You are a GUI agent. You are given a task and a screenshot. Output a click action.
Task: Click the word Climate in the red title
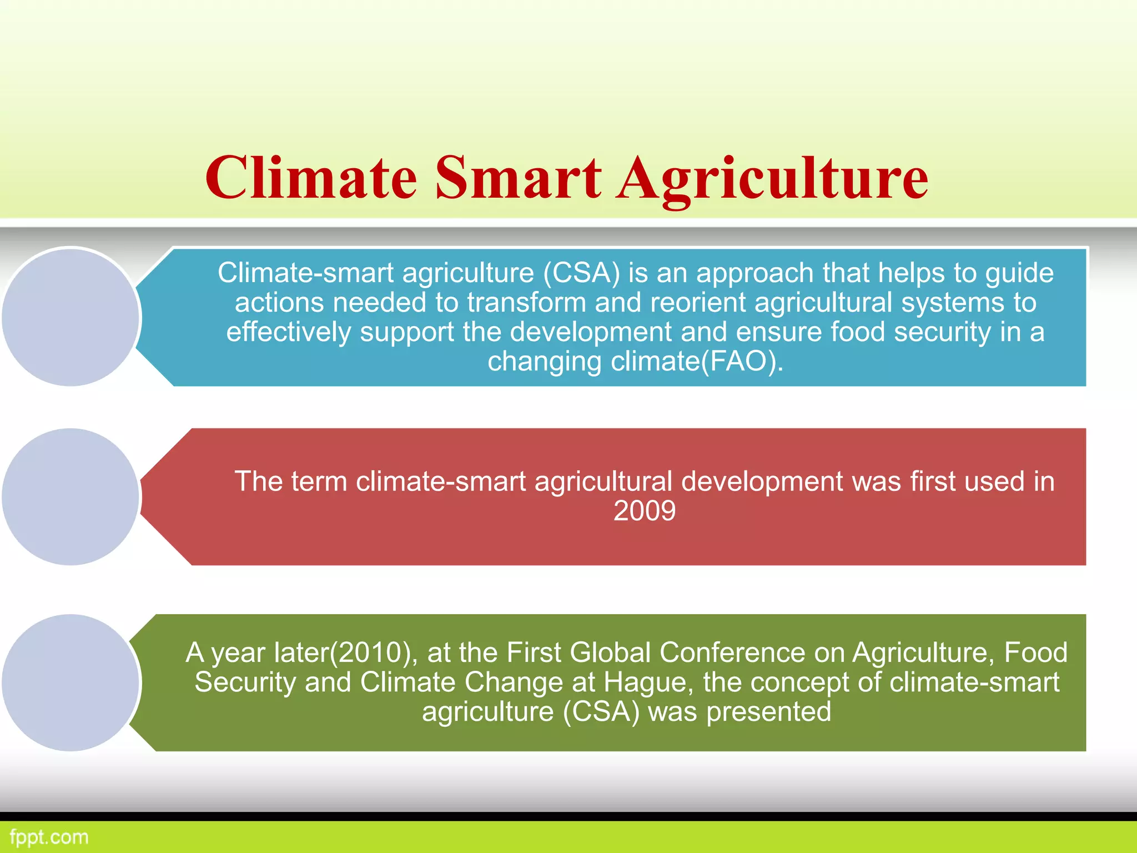(x=311, y=178)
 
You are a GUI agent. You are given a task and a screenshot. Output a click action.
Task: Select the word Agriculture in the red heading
(x=772, y=178)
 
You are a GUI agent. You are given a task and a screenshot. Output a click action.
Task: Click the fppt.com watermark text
(x=49, y=837)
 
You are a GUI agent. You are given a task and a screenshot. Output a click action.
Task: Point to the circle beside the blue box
(x=71, y=317)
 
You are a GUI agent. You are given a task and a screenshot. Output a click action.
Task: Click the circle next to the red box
(x=71, y=496)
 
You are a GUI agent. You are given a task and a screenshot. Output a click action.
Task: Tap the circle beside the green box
(x=71, y=683)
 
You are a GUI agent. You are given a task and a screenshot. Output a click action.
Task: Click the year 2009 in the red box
(x=645, y=511)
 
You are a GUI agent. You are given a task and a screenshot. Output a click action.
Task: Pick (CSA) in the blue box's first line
(x=581, y=273)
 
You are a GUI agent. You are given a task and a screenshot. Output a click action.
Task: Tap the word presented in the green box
(x=768, y=712)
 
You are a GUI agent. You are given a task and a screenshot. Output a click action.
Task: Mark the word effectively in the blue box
(x=288, y=332)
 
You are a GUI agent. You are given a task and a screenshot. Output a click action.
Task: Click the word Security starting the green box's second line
(x=245, y=683)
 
